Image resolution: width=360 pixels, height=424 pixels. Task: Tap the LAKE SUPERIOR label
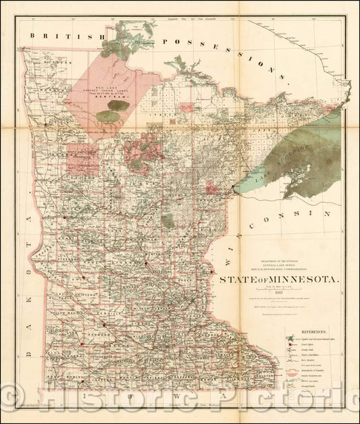[292, 160]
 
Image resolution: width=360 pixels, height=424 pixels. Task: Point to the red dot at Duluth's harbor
[233, 187]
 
